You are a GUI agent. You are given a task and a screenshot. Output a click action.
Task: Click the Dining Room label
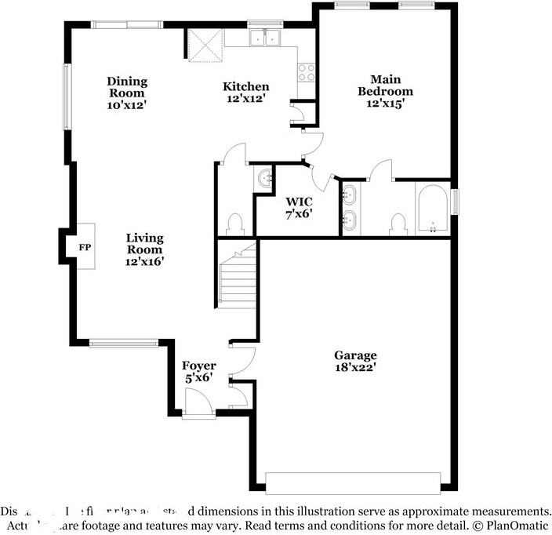(127, 92)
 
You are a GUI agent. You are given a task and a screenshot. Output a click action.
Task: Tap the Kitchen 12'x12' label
(245, 93)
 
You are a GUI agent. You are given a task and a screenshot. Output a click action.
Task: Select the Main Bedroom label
(385, 91)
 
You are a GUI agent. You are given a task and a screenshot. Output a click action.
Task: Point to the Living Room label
(144, 249)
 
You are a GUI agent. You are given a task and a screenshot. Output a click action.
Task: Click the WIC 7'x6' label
(300, 207)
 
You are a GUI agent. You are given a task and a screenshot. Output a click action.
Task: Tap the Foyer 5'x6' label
(199, 372)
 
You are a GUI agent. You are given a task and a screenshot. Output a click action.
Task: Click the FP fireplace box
(85, 246)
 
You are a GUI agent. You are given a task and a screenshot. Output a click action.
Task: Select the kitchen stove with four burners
(306, 72)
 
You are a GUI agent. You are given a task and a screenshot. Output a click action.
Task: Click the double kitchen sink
(266, 38)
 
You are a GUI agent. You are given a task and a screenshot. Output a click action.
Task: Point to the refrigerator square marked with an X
(205, 45)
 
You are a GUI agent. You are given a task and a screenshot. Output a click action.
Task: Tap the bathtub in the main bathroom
(432, 210)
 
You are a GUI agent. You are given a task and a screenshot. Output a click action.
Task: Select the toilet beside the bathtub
(398, 224)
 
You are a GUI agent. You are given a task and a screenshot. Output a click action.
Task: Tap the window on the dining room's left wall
(67, 96)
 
